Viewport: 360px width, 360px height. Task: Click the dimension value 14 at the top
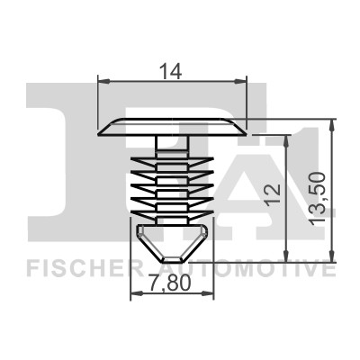[171, 72]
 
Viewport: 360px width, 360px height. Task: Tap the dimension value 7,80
[170, 283]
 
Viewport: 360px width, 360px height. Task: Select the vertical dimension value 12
[274, 195]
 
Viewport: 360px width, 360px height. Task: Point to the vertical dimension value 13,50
[318, 198]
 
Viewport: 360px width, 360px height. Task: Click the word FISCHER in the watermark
[85, 269]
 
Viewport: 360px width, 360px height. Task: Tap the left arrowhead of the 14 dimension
[104, 81]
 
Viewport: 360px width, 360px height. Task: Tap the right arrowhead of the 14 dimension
[240, 81]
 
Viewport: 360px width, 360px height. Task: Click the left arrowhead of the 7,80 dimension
[137, 293]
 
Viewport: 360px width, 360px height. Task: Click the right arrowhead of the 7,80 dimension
[208, 293]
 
